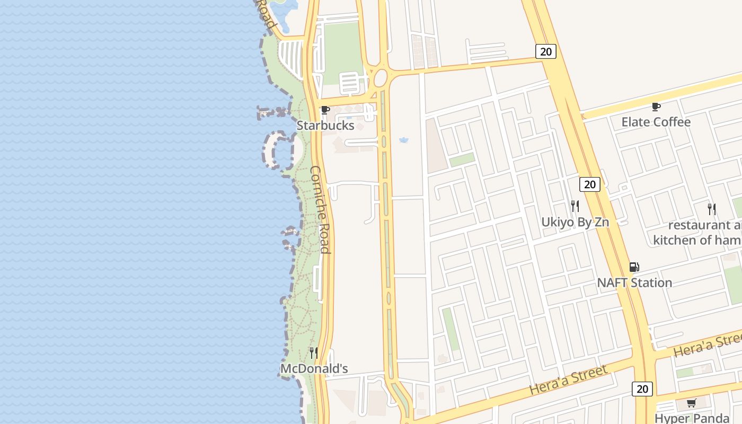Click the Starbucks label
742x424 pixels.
(x=325, y=126)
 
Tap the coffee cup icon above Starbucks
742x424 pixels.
(x=325, y=110)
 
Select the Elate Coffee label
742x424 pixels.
(x=656, y=122)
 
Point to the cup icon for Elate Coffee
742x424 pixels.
(x=656, y=107)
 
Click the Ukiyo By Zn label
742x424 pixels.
(x=575, y=222)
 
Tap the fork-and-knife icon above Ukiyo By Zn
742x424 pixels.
(x=575, y=206)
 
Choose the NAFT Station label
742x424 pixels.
(x=634, y=282)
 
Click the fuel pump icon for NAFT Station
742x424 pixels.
(x=634, y=267)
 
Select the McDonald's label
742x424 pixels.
(x=314, y=368)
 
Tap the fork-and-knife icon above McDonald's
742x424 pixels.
(x=314, y=352)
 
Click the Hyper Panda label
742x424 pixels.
(x=692, y=418)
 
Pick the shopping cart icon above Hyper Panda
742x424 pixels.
(x=692, y=403)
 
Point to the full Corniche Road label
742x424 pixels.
(x=321, y=209)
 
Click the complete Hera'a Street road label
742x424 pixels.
(x=568, y=380)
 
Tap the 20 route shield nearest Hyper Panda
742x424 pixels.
(x=642, y=389)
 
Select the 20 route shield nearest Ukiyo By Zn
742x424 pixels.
(x=589, y=184)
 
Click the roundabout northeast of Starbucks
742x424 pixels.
(x=381, y=78)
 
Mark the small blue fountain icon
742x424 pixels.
(x=404, y=140)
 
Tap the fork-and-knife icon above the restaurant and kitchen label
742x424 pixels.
(x=712, y=209)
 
